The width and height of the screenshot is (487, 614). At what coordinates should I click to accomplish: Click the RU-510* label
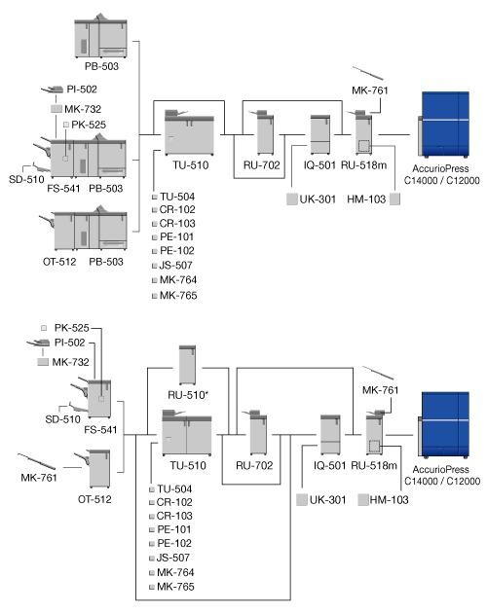coord(188,395)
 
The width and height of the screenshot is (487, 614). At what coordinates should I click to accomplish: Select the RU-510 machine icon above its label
coord(187,365)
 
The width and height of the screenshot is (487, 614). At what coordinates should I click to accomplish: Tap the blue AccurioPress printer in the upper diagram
coord(443,125)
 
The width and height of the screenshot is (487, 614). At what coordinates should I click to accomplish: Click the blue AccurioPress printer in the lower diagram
coord(443,425)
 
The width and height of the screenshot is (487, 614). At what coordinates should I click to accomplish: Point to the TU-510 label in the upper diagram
coord(191,164)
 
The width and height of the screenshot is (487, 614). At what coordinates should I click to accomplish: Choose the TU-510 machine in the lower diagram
coord(187,433)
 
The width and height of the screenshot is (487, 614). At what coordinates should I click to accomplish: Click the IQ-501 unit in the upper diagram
coord(320,134)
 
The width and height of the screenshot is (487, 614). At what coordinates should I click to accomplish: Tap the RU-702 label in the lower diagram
coord(254,465)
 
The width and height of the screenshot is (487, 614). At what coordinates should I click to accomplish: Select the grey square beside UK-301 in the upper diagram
coord(292,199)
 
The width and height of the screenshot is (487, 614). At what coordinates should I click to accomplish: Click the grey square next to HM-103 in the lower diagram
coord(363,499)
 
